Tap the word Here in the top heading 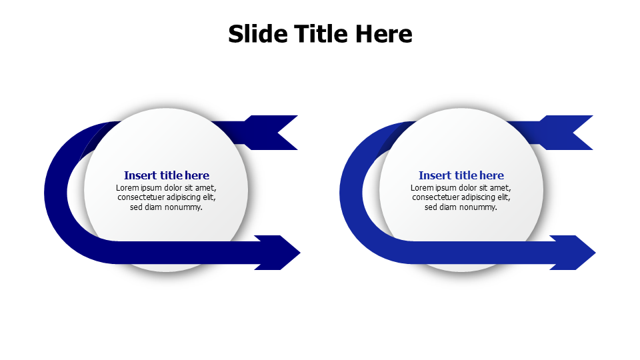tap(383, 34)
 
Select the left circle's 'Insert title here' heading tap(167, 175)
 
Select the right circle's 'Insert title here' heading tap(461, 175)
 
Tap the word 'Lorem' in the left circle tap(127, 188)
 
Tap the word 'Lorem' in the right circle tap(422, 188)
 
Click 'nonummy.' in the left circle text tap(183, 207)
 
